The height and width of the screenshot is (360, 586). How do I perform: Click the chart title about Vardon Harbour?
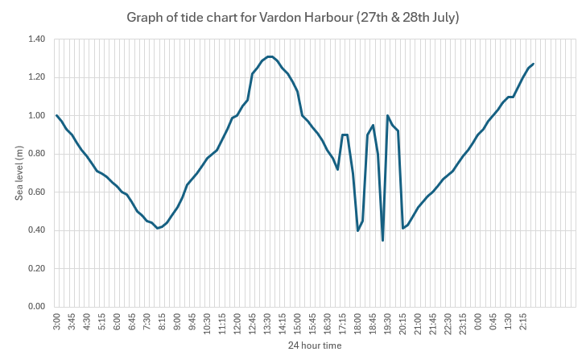pyautogui.click(x=292, y=17)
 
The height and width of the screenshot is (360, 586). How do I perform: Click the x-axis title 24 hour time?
pyautogui.click(x=315, y=346)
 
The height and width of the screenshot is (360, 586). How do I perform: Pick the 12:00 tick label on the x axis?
pyautogui.click(x=237, y=324)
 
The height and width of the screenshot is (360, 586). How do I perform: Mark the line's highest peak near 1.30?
pyautogui.click(x=270, y=56)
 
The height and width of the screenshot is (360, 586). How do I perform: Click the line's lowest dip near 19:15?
pyautogui.click(x=383, y=240)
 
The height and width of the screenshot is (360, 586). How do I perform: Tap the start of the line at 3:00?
pyautogui.click(x=57, y=115)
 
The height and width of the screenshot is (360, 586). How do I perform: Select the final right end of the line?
pyautogui.click(x=533, y=64)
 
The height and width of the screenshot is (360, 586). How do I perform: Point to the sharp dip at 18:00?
pyautogui.click(x=358, y=230)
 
